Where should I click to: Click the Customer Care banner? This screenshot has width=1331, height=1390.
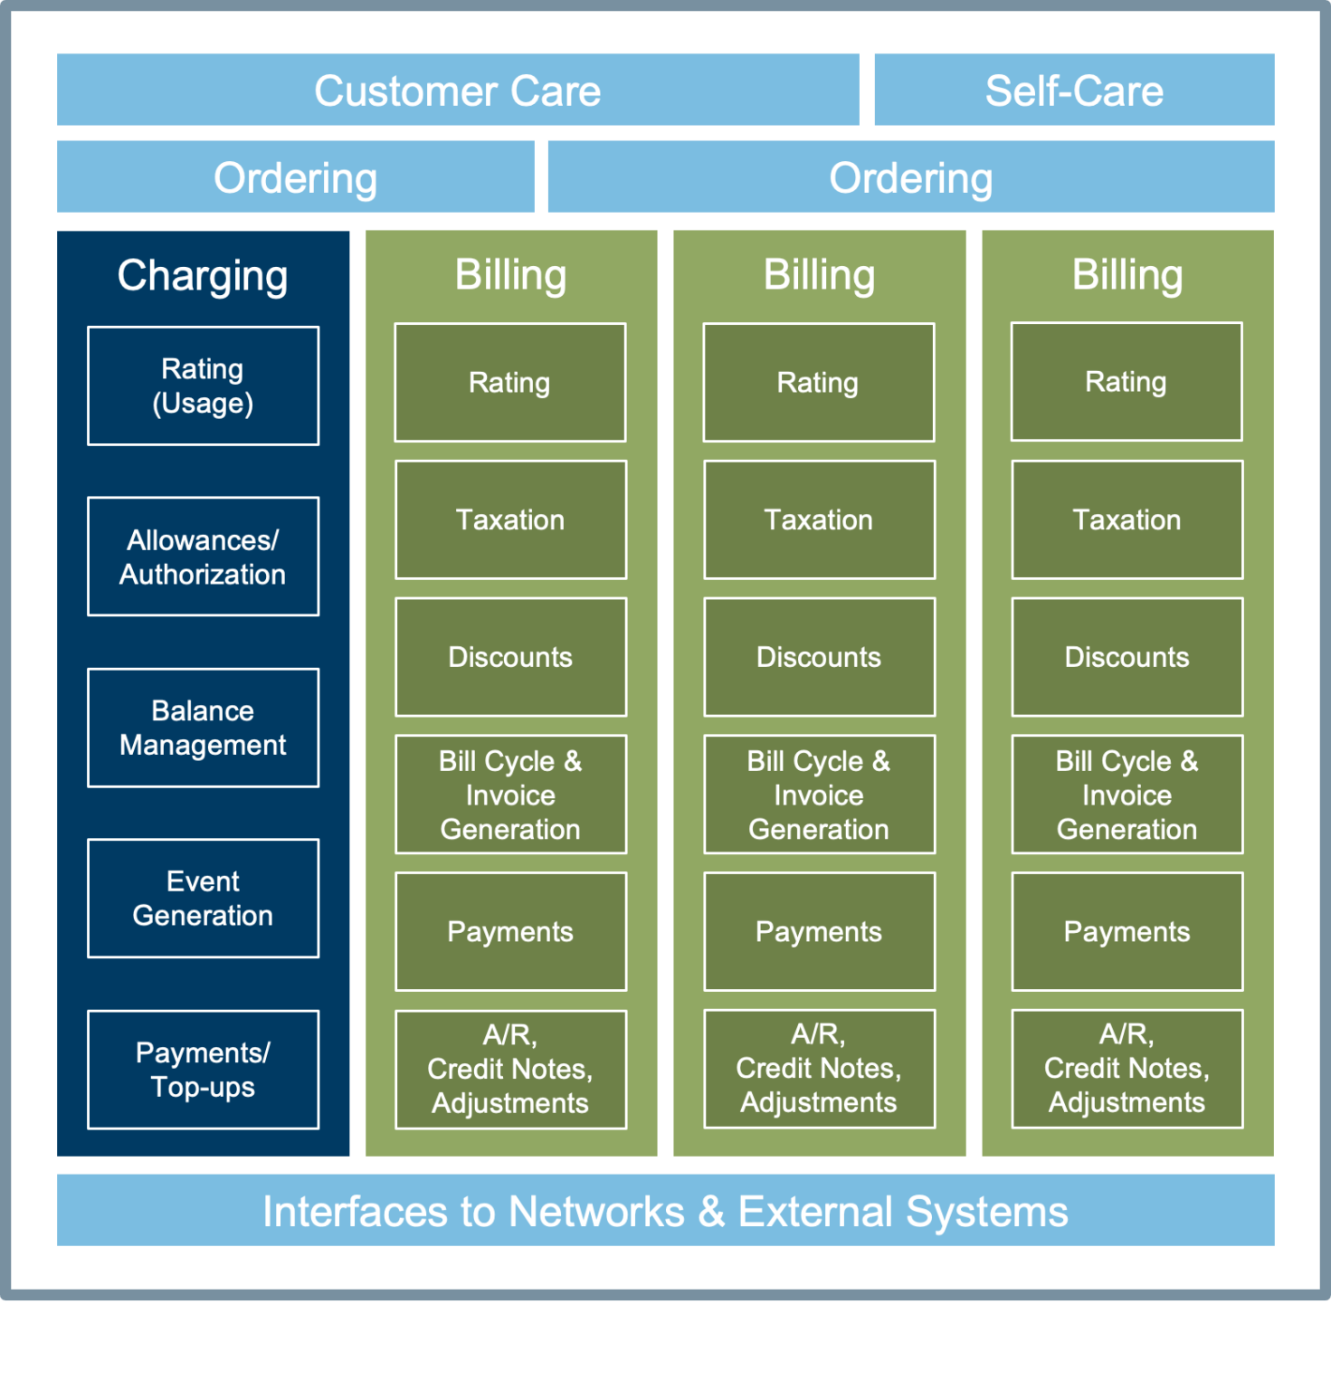[x=457, y=90]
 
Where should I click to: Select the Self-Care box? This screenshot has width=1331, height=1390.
[x=1074, y=90]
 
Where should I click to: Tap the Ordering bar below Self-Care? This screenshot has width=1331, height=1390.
[x=910, y=177]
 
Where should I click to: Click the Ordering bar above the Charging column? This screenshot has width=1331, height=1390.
[x=295, y=177]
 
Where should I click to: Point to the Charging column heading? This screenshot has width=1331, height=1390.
[x=203, y=275]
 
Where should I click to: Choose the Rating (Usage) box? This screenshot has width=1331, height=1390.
[x=203, y=386]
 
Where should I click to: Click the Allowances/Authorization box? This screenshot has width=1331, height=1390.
[x=203, y=557]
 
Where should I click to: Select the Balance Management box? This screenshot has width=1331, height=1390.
[x=203, y=728]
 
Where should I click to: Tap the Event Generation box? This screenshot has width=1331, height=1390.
[x=203, y=899]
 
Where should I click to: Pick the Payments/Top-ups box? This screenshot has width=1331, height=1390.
[x=203, y=1070]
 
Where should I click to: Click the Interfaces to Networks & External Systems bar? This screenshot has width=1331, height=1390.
[x=665, y=1211]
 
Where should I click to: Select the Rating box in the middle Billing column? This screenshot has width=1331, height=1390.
[x=818, y=383]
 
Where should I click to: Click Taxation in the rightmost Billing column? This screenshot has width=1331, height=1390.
[x=1127, y=520]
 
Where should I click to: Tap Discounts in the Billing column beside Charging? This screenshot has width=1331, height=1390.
[x=510, y=657]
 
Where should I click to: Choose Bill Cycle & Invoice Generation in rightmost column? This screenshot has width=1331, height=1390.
[x=1127, y=795]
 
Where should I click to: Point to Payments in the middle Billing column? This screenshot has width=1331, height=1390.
[x=818, y=932]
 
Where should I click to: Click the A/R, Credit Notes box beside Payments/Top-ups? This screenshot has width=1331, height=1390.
[x=510, y=1070]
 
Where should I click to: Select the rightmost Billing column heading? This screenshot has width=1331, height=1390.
[x=1127, y=275]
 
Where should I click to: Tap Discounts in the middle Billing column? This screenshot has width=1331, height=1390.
[x=818, y=657]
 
